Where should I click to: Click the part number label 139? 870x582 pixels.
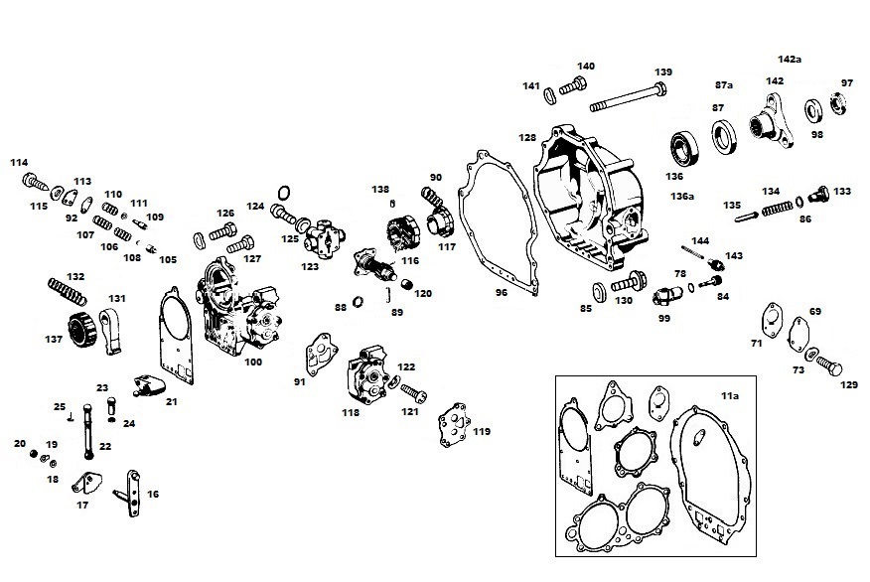coord(662,73)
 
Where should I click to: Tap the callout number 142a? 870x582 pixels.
coord(790,60)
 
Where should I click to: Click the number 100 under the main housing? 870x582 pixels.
coord(252,363)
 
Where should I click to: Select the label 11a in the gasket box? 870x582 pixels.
coord(730,396)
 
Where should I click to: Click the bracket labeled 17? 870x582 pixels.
coord(88,487)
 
